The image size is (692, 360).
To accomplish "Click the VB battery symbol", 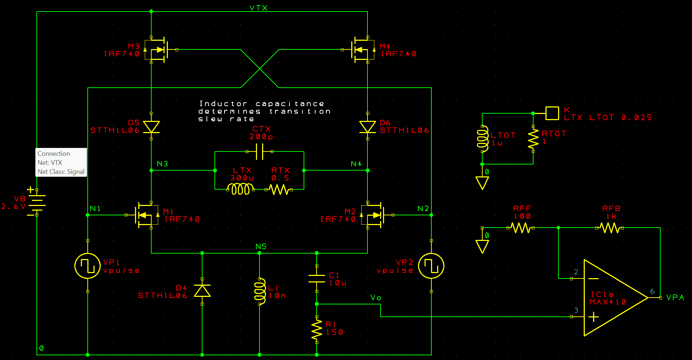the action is (36, 202).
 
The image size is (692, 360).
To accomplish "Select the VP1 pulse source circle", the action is (87, 266).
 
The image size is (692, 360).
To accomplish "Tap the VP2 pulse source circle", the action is (431, 266).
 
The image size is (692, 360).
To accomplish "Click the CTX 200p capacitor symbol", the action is (260, 152).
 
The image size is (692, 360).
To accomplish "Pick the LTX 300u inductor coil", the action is (240, 189).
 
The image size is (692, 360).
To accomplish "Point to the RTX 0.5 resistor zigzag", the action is (279, 189).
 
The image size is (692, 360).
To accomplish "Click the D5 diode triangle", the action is (151, 127).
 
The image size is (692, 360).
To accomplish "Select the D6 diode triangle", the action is (367, 127).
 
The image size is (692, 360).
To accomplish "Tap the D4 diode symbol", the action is (202, 291).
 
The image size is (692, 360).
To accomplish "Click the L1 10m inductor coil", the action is (260, 291).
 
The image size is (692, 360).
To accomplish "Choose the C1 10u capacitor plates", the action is (317, 278).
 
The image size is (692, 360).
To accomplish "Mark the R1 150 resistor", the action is (317, 329).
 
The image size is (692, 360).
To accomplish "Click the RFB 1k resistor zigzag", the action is (609, 228).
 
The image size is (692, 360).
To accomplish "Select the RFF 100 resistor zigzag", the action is (521, 228).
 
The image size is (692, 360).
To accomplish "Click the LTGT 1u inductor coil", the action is (482, 139).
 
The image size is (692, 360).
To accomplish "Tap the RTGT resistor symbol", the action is (533, 139).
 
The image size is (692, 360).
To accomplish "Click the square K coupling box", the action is (552, 113).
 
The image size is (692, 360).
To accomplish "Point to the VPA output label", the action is (675, 298).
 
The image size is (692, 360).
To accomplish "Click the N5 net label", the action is (261, 247).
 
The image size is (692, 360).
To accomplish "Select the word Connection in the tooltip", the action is (54, 154).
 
